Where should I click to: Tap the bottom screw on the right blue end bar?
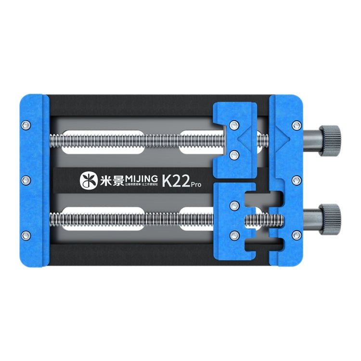(295, 235)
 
